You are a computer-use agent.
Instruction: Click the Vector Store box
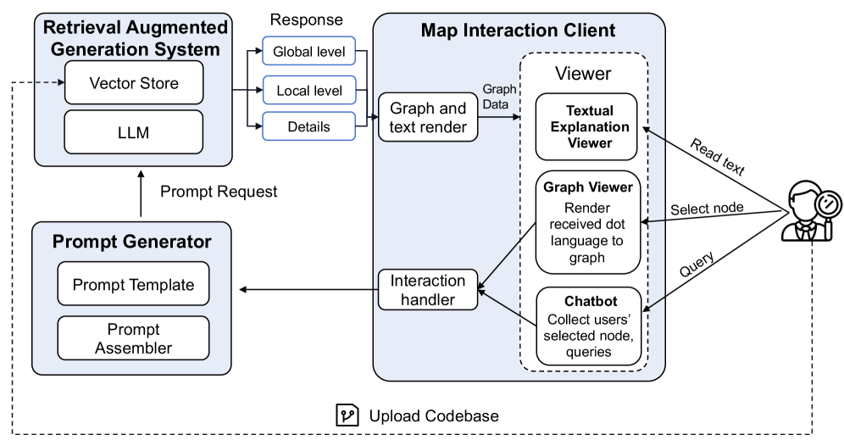134,83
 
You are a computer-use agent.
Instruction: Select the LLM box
134,132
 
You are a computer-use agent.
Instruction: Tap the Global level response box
308,53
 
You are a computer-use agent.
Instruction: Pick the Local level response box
308,90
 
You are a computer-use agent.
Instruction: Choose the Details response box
308,127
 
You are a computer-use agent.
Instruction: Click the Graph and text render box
428,118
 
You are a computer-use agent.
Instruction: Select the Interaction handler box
428,289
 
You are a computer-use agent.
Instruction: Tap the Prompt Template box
133,285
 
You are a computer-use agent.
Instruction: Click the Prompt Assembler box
133,338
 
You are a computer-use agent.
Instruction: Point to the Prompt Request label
219,192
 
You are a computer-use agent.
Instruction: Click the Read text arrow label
717,158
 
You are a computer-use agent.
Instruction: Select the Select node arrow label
707,209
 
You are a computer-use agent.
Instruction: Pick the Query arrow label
697,266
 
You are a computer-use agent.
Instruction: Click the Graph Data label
499,97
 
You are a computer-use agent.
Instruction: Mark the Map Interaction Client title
518,31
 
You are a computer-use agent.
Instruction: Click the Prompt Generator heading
131,242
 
